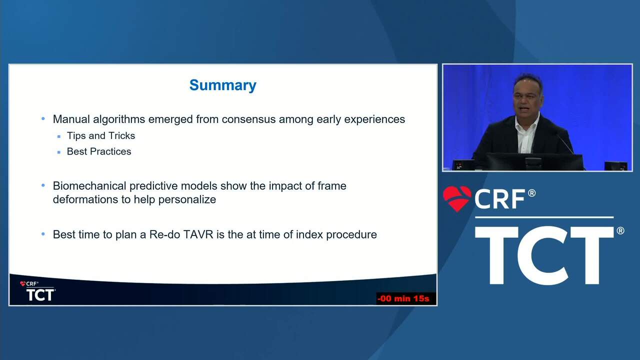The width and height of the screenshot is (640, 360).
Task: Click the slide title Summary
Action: pyautogui.click(x=223, y=85)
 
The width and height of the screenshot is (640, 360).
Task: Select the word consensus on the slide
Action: pyautogui.click(x=248, y=119)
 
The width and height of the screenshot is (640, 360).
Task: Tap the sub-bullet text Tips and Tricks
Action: pyautogui.click(x=101, y=135)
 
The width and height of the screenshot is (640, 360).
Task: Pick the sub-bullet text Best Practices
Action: pyautogui.click(x=99, y=151)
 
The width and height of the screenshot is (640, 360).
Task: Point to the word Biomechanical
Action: pyautogui.click(x=89, y=186)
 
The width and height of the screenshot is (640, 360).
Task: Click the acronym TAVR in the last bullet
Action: pyautogui.click(x=198, y=234)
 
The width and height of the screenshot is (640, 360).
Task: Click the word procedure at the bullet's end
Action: pyautogui.click(x=351, y=235)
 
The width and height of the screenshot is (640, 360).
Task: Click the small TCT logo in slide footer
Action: pyautogui.click(x=38, y=291)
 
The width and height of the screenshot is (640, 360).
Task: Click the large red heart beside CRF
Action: pyautogui.click(x=457, y=198)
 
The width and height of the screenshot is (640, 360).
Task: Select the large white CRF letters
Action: pyautogui.click(x=499, y=199)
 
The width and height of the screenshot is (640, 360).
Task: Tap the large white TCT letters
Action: pyautogui.click(x=544, y=255)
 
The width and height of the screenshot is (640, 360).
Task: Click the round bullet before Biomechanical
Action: pyautogui.click(x=43, y=185)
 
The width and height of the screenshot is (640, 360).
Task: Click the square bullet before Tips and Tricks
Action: pyautogui.click(x=59, y=136)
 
